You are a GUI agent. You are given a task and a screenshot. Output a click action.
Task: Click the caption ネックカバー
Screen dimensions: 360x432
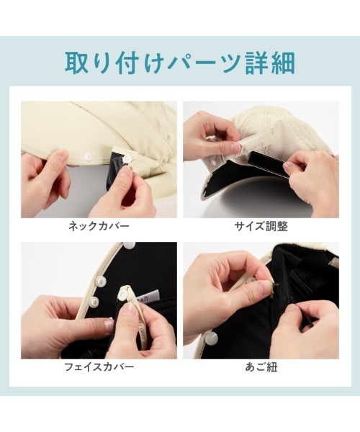click(99, 227)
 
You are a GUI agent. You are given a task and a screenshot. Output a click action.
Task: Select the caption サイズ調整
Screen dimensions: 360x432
click(261, 227)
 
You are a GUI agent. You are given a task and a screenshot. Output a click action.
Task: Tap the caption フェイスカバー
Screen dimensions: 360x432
click(99, 367)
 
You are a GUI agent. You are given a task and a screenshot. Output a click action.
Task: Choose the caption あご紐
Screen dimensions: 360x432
click(261, 367)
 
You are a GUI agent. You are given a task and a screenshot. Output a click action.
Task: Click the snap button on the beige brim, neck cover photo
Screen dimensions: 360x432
click(87, 157)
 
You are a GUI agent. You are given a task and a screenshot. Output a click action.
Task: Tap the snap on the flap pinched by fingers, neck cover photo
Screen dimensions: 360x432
click(127, 158)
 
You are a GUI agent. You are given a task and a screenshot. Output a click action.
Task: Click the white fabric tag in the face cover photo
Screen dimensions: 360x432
click(150, 297)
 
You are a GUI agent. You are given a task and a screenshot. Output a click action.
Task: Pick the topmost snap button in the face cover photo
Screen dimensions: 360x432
click(130, 245)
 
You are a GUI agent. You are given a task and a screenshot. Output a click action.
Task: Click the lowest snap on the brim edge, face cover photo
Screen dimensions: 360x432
click(95, 302)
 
